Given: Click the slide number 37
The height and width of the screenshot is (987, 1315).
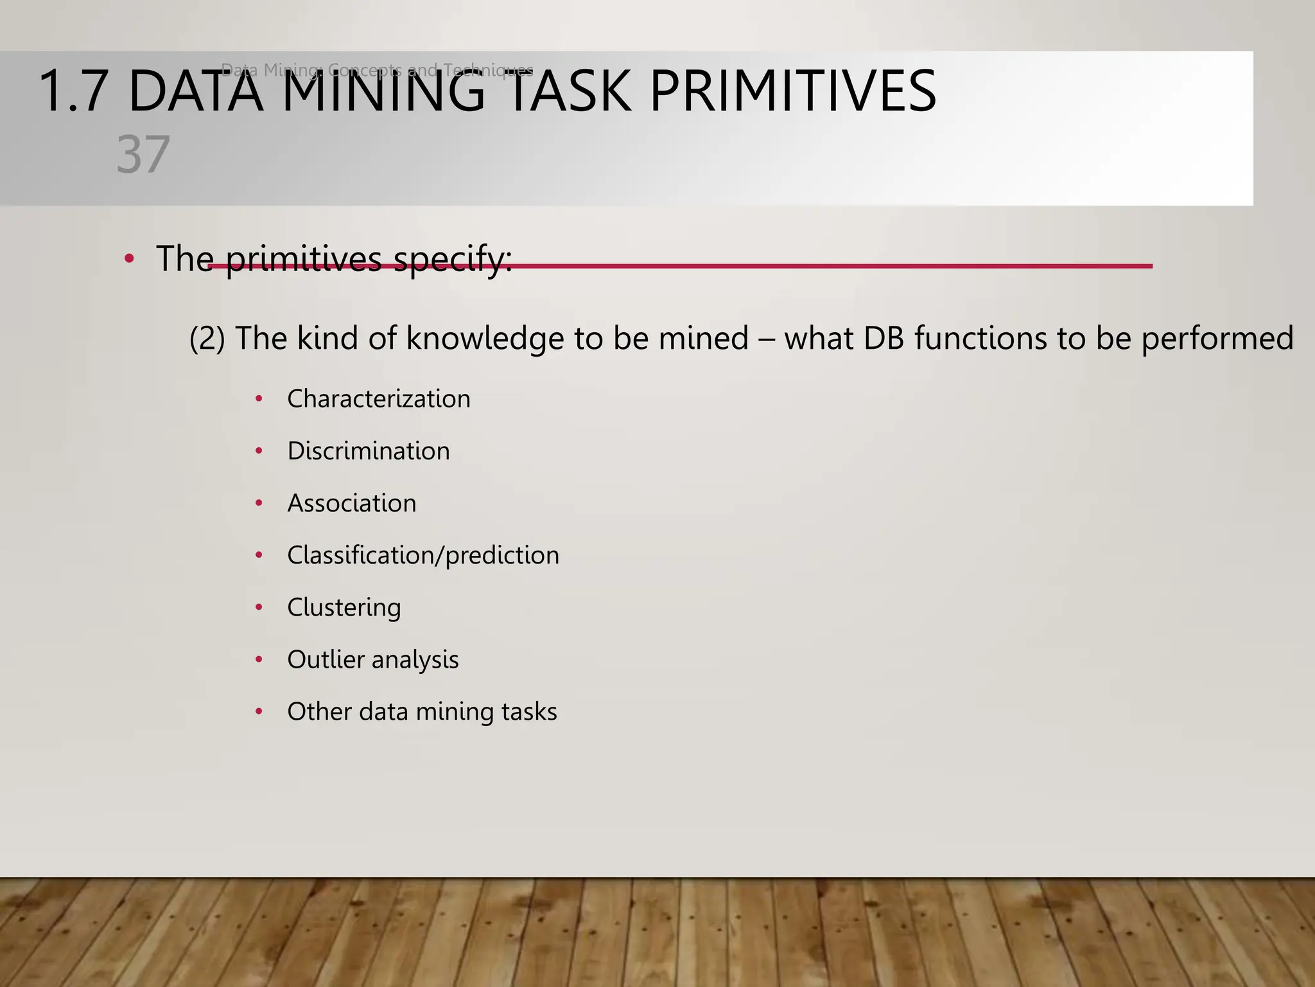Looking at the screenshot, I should click(143, 155).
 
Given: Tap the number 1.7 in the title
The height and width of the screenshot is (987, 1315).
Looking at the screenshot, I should click(73, 92).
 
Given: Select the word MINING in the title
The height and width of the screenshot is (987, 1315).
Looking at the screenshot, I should click(383, 92).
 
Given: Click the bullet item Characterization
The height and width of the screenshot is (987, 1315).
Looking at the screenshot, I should click(378, 399).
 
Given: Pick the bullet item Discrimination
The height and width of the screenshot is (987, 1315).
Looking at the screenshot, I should click(368, 451).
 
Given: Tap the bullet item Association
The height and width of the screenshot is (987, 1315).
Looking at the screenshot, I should click(351, 503).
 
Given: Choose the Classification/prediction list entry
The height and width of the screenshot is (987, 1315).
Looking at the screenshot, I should click(422, 555).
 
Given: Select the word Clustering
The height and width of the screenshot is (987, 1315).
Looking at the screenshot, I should click(344, 607).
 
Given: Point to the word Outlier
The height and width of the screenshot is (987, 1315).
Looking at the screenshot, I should click(325, 659).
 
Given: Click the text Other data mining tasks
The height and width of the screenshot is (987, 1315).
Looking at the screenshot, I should click(421, 711).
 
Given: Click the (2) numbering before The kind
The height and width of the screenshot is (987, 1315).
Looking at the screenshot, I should click(207, 339).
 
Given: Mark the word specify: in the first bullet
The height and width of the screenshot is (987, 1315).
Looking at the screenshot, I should click(453, 260).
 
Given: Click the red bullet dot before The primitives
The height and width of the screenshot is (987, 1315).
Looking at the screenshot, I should click(129, 259).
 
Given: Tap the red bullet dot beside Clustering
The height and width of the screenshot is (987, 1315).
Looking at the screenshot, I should click(259, 607).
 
